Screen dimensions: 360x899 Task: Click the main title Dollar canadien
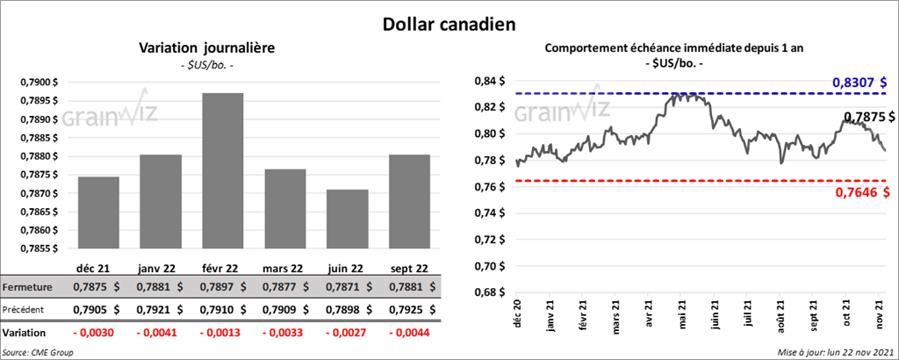pos(449,25)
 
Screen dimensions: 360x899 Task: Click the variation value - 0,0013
pos(222,334)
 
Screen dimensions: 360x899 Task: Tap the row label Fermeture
pos(27,287)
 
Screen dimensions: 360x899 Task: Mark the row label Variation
pos(25,334)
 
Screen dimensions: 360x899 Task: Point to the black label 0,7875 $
pos(868,117)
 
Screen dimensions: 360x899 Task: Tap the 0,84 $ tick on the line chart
pos(487,81)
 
